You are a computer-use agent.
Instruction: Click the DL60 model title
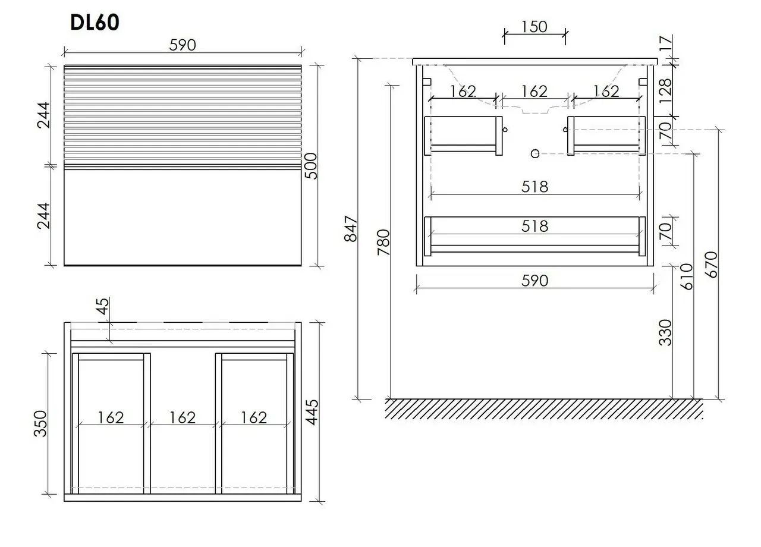(95, 23)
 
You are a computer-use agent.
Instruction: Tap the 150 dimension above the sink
(534, 27)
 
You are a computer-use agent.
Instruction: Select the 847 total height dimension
(351, 229)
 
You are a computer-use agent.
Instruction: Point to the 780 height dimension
(384, 242)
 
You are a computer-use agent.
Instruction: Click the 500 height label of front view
(310, 166)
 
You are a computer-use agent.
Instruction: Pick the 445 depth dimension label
(312, 412)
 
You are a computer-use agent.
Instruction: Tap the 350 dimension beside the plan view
(40, 423)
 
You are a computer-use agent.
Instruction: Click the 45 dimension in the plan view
(103, 306)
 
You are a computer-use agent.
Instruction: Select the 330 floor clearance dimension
(665, 332)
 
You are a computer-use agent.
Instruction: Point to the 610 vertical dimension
(687, 277)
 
